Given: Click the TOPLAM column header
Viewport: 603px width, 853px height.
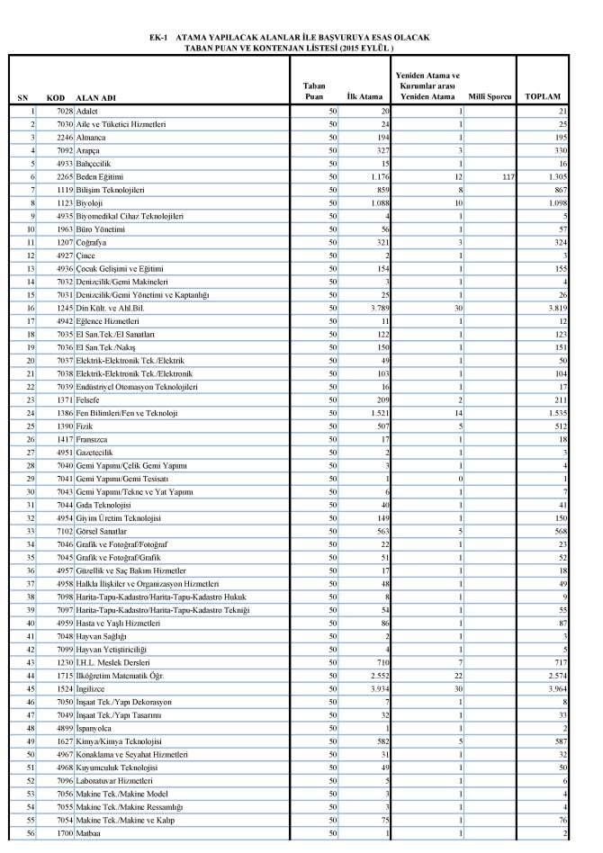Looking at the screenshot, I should point(543,95).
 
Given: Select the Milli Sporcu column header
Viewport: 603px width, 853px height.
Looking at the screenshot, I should point(490,95).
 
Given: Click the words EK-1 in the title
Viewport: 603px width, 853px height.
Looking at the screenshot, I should point(158,38).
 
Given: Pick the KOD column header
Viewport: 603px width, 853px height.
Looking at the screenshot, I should point(56,96).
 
